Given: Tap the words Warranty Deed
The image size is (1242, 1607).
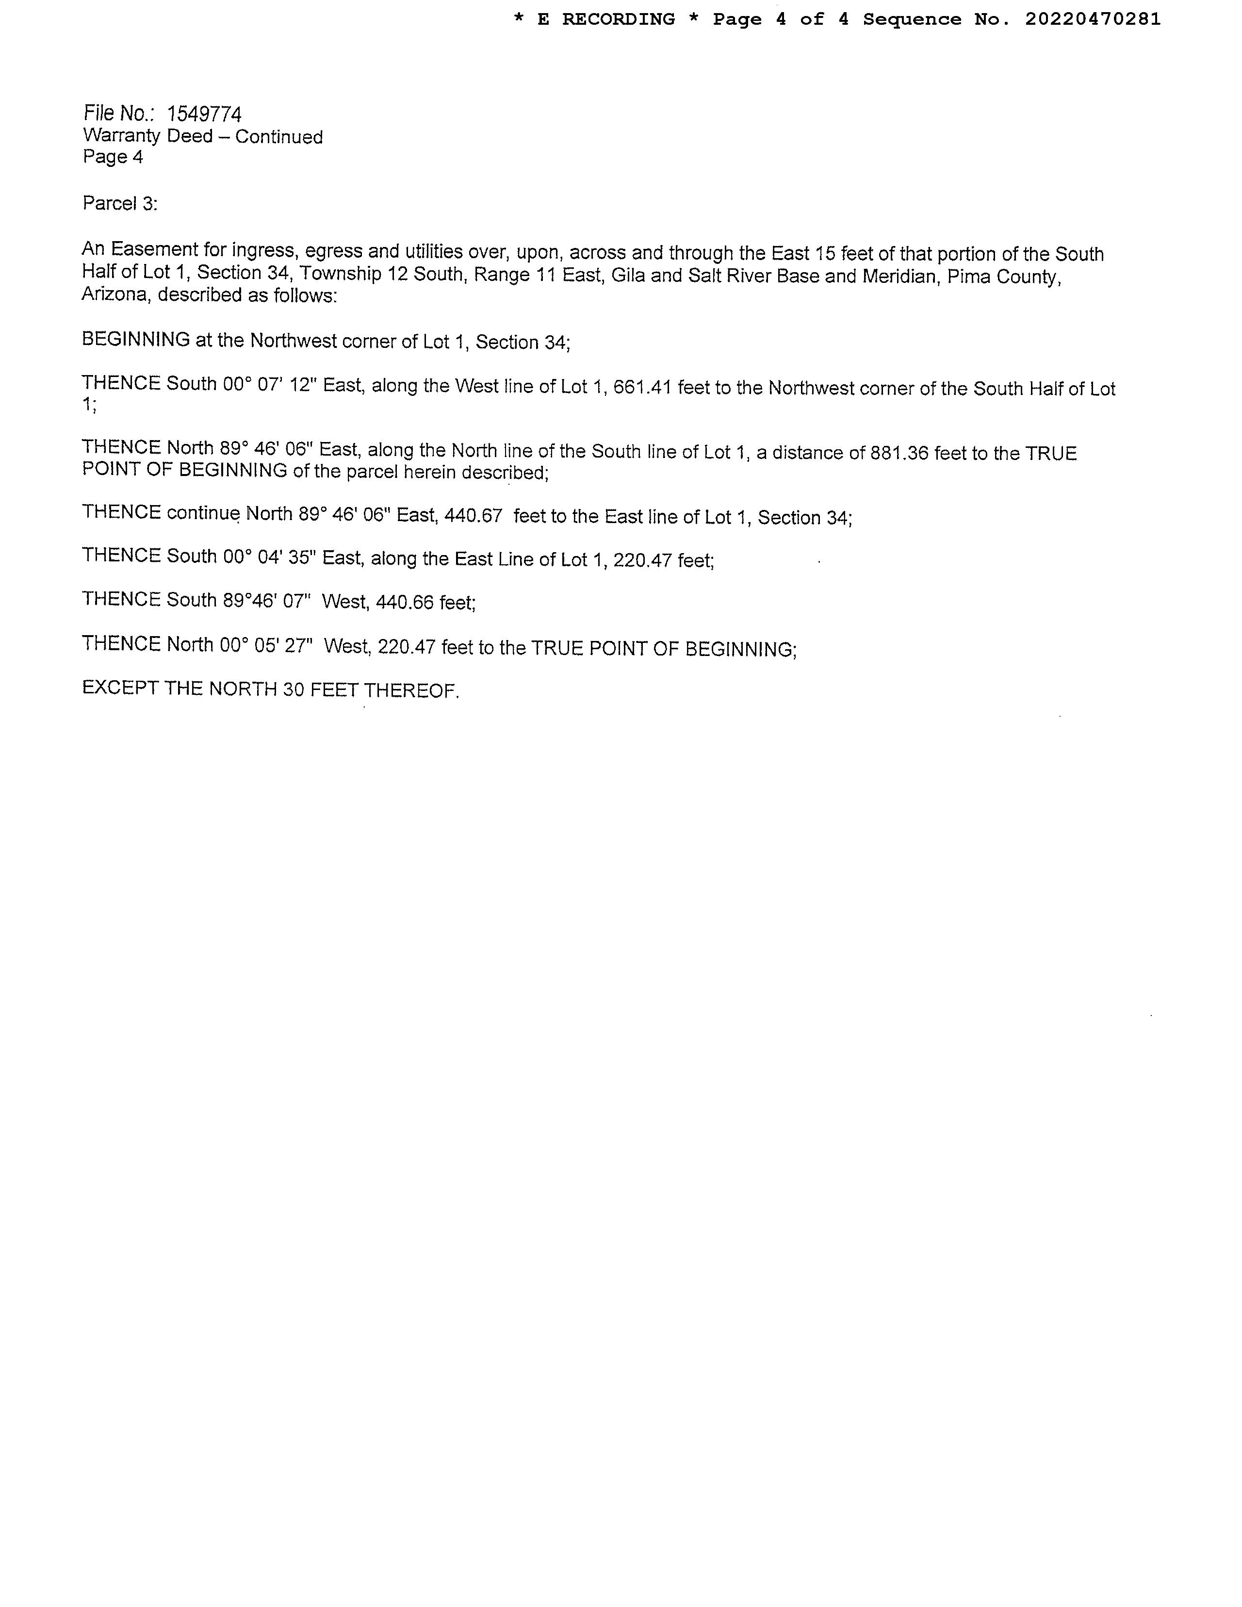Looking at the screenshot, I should [148, 136].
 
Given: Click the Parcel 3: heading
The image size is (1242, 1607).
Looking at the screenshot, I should [120, 203].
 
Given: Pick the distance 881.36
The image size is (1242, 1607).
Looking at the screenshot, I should [899, 453].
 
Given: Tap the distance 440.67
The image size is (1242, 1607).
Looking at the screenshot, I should [473, 515].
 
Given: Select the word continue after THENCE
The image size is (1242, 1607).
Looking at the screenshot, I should [204, 513].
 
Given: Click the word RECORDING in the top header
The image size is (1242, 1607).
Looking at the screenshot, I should [618, 19].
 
